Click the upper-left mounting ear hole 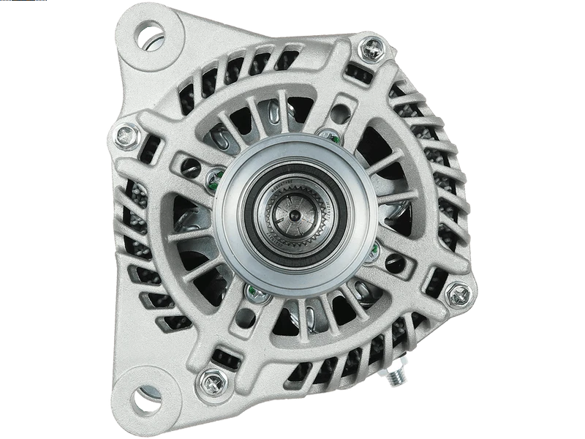coord(150,35)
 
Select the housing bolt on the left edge coord(126,135)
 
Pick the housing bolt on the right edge coord(458,295)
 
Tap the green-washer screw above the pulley coord(331,137)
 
